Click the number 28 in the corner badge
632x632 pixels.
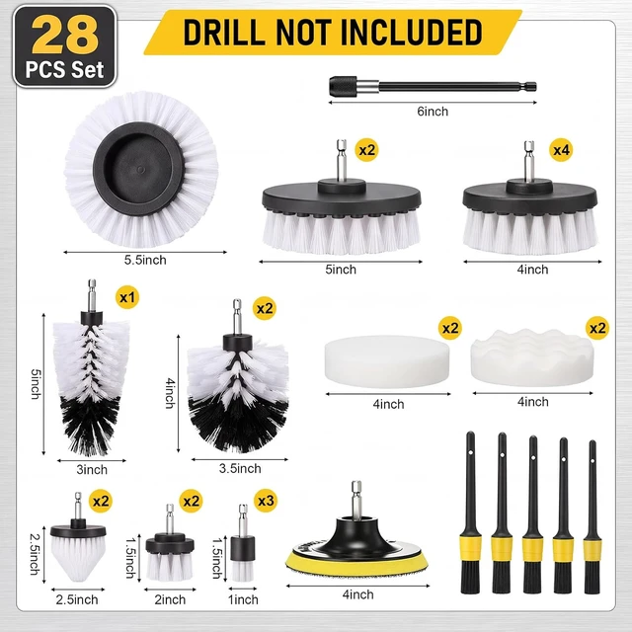click(65, 36)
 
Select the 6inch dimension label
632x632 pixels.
click(433, 112)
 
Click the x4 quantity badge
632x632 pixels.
click(561, 150)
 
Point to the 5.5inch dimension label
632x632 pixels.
click(145, 260)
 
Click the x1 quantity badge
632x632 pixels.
click(127, 297)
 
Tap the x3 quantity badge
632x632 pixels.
click(266, 501)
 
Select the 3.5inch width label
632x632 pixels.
click(240, 468)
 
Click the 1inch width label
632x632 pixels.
click(243, 599)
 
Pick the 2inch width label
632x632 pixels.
click(170, 599)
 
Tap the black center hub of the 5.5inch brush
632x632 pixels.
click(138, 169)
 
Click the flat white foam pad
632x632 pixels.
click(387, 361)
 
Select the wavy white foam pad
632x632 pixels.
click(532, 357)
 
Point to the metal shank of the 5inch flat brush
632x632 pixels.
click(342, 160)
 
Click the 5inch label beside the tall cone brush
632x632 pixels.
click(36, 384)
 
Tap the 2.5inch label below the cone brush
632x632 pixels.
click(77, 599)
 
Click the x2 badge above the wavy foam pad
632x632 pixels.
click(597, 328)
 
